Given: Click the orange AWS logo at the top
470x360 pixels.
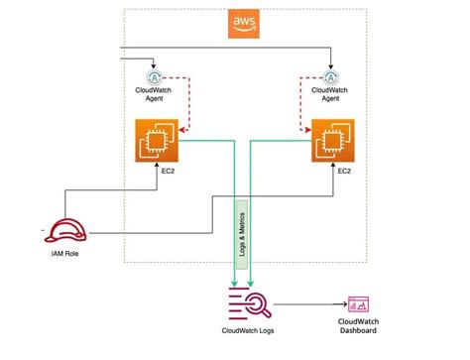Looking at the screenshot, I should tap(242, 24).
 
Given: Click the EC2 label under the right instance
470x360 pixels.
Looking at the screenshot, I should tap(342, 172).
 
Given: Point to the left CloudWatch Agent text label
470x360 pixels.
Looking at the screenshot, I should tap(154, 93).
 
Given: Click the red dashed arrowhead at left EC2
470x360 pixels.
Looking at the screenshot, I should tap(184, 126).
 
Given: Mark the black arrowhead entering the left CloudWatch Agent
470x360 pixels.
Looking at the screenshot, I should tap(154, 64).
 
